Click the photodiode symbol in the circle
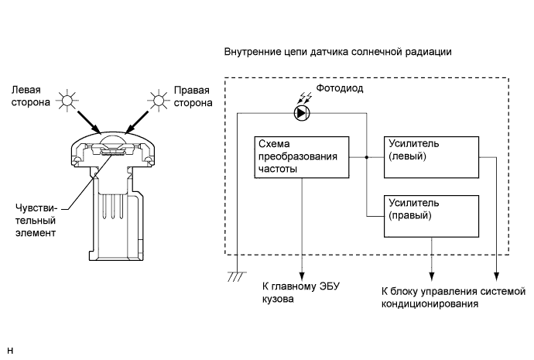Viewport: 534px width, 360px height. [x=302, y=113]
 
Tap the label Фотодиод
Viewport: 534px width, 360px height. [x=340, y=88]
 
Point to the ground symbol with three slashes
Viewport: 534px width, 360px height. [x=237, y=276]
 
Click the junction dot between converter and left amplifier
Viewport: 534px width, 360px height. [x=366, y=157]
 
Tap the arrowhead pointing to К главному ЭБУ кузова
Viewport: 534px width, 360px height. [x=302, y=276]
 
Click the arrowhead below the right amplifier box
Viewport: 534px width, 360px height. [x=432, y=276]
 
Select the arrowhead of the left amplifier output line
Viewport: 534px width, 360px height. [x=497, y=276]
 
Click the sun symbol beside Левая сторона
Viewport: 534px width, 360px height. [x=67, y=100]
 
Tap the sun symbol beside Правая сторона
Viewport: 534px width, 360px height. [x=159, y=101]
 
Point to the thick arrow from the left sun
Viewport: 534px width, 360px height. [x=89, y=122]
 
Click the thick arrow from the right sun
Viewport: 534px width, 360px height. [x=137, y=122]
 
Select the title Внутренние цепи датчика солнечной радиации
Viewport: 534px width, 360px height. [x=338, y=52]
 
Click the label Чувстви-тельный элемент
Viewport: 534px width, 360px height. [x=36, y=221]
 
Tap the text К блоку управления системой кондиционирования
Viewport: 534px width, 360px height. [x=454, y=297]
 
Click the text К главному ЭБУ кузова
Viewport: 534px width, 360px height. [x=301, y=293]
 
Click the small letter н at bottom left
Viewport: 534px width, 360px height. [x=10, y=351]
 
